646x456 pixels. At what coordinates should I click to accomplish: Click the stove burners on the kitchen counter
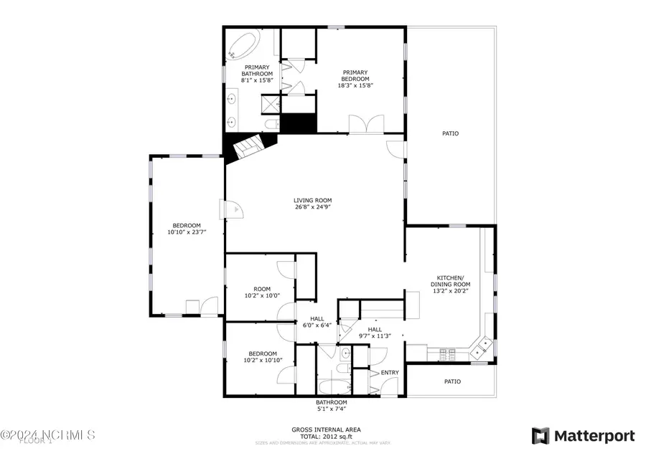coord(448,352)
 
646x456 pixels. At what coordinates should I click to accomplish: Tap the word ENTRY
coord(390,372)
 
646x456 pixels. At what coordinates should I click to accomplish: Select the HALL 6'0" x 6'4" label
coord(317,322)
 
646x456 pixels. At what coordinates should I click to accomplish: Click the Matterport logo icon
coord(540,435)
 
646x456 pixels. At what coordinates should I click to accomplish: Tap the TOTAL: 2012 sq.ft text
coord(326,436)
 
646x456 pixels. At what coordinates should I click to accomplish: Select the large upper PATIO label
coord(450,133)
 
